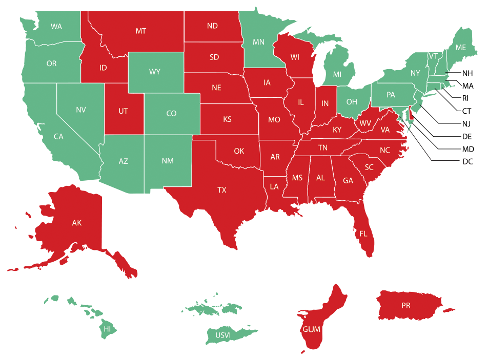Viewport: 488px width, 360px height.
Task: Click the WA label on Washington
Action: pos(56,26)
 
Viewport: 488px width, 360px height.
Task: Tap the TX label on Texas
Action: pos(221,190)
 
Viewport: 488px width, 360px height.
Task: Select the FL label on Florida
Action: pos(363,234)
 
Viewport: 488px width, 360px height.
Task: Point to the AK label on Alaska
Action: pos(76,223)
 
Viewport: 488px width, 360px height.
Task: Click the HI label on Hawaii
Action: pos(107,329)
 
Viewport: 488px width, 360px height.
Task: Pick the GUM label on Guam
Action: pos(311,328)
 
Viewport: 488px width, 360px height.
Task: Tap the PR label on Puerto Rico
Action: pos(406,306)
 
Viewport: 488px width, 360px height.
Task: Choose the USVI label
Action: pos(223,335)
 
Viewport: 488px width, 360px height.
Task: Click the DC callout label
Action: pos(467,162)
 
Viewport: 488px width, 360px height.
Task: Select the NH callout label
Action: pos(468,73)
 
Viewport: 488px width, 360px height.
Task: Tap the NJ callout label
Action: pos(467,123)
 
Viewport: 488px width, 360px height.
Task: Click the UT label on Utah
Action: pos(123,111)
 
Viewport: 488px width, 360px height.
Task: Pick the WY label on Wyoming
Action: pos(154,72)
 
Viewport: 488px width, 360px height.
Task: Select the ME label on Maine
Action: pos(461,47)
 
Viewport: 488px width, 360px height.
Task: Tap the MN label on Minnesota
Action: pos(258,41)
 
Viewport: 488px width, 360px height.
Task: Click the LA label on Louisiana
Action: pos(274,186)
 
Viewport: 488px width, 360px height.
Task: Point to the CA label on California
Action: pos(58,137)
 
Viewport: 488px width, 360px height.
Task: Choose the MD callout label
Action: pos(468,149)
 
